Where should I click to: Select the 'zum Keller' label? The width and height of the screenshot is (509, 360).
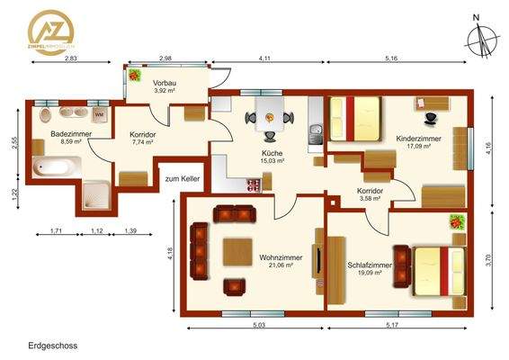(182, 179)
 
